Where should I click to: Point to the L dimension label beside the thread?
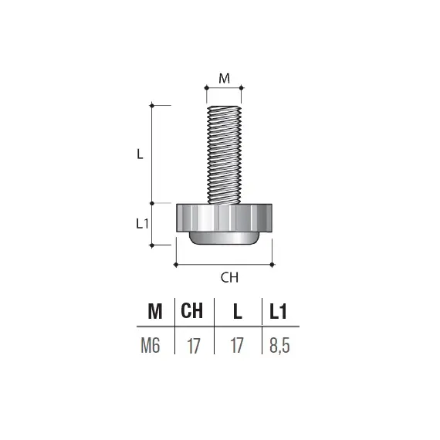pyautogui.click(x=140, y=154)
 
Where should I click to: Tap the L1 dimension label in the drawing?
pyautogui.click(x=141, y=224)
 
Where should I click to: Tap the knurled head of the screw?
pyautogui.click(x=224, y=217)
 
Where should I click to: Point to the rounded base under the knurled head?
pyautogui.click(x=224, y=238)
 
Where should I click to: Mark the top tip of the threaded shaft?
pyautogui.click(x=224, y=106)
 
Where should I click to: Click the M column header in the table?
pyautogui.click(x=155, y=311)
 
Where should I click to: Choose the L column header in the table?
pyautogui.click(x=237, y=311)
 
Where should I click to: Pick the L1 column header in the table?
pyautogui.click(x=279, y=311)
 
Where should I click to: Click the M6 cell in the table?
pyautogui.click(x=151, y=345)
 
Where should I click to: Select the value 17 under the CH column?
pyautogui.click(x=193, y=345)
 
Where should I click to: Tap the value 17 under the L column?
pyautogui.click(x=236, y=345)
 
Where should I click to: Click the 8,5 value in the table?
pyautogui.click(x=279, y=345)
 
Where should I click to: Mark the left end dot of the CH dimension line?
pyautogui.click(x=177, y=265)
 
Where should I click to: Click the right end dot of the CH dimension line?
pyautogui.click(x=272, y=265)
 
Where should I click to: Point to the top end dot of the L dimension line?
pyautogui.click(x=151, y=104)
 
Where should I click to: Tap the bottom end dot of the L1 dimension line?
pyautogui.click(x=151, y=245)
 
